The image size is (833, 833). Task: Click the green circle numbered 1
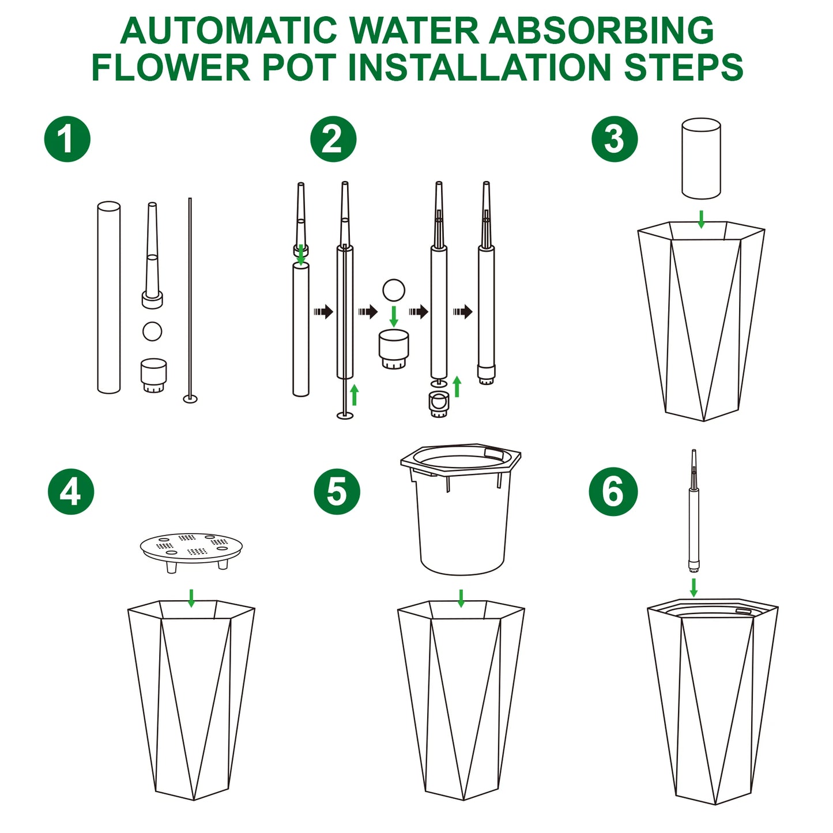[67, 139]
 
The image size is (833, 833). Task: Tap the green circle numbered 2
[333, 139]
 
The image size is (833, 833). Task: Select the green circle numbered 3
[615, 139]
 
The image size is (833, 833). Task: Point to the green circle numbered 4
[71, 492]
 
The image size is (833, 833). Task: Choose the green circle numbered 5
[337, 492]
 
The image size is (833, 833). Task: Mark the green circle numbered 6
[613, 492]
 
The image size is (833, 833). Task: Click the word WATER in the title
[414, 31]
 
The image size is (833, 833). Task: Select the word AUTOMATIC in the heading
[229, 31]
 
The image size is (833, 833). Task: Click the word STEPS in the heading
[684, 67]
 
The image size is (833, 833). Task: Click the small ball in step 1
[152, 331]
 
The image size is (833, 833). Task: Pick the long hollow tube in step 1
[108, 297]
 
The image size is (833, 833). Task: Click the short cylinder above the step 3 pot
[701, 159]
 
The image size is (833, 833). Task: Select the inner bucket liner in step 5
[461, 508]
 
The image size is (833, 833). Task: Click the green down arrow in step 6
[693, 587]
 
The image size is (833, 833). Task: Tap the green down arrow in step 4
[191, 598]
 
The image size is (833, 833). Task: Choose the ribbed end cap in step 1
[153, 376]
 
